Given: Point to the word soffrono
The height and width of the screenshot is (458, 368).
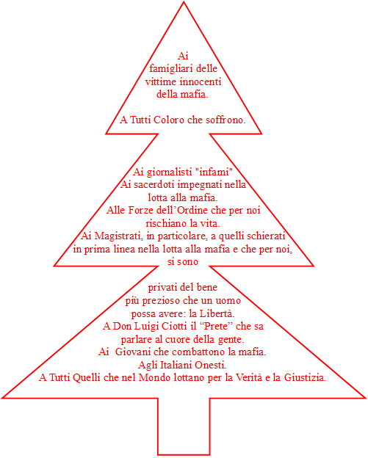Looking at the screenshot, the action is [x=226, y=120].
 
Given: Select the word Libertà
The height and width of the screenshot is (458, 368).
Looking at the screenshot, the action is [x=217, y=313].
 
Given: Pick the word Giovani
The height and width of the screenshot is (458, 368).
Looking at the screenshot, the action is [x=133, y=352].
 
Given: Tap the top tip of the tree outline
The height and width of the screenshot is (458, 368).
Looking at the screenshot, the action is [x=184, y=1].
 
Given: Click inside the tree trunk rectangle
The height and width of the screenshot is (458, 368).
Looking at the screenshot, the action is [x=184, y=426].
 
